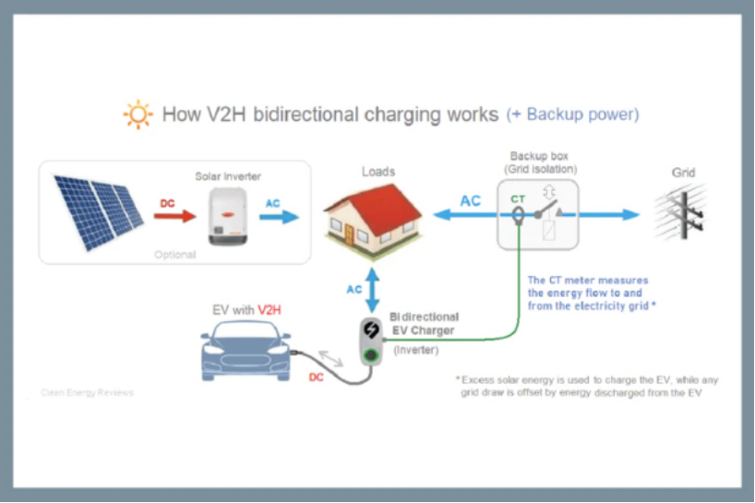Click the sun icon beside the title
click(138, 114)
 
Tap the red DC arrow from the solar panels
click(174, 216)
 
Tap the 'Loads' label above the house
click(378, 172)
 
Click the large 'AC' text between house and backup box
click(470, 200)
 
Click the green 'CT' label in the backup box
click(518, 198)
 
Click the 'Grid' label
click(683, 173)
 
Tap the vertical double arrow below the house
click(372, 289)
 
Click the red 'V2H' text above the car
click(269, 309)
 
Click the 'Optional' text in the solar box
click(174, 254)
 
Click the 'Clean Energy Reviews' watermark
click(87, 392)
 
